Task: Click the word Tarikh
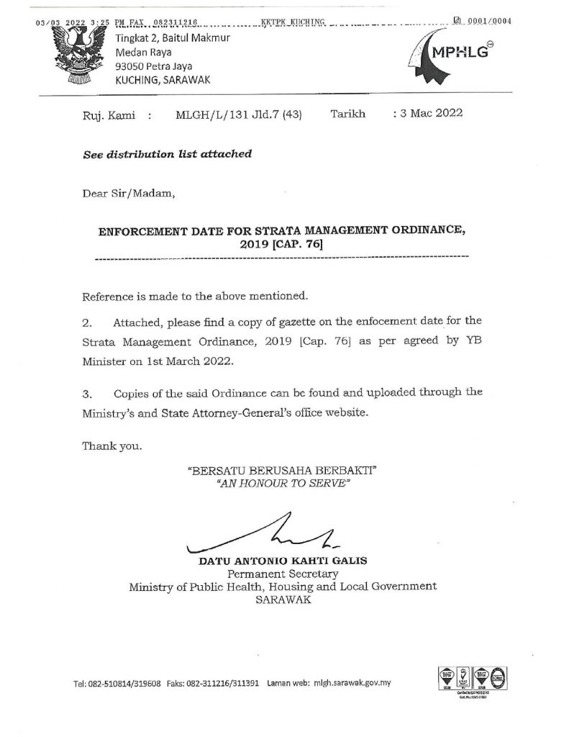(x=347, y=113)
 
